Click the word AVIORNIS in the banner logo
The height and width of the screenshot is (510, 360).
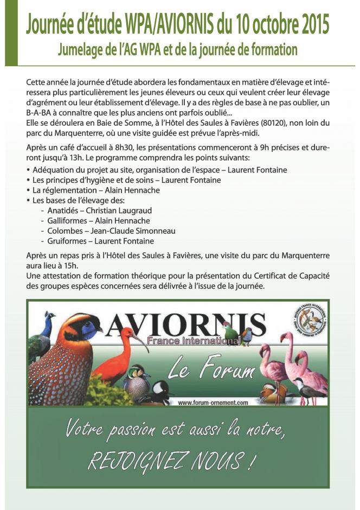tap(187, 324)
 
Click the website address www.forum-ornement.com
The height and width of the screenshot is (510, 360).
tap(213, 402)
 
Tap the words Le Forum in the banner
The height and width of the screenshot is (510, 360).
tap(211, 370)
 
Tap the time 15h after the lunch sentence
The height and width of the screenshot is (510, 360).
tap(70, 265)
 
